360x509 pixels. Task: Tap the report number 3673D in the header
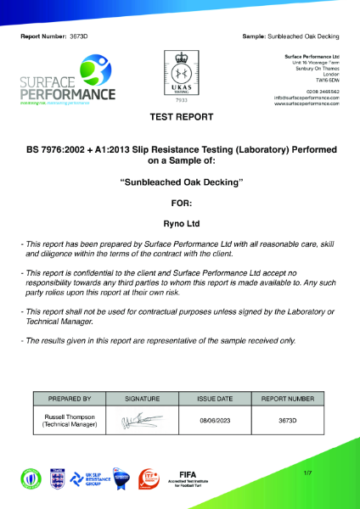pos(78,37)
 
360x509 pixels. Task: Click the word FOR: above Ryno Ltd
pos(181,204)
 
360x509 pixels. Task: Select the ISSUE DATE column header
pos(215,398)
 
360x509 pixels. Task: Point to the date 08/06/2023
pos(215,419)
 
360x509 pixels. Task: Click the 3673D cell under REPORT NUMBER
pos(288,419)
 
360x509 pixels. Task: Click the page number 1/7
pos(307,470)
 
